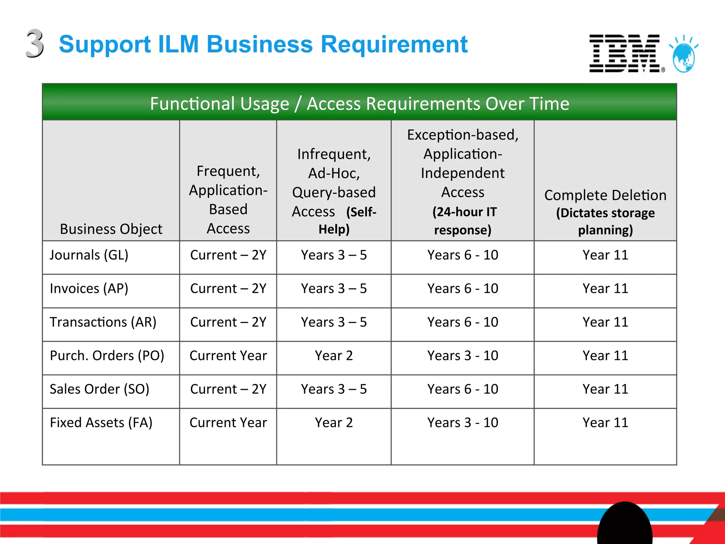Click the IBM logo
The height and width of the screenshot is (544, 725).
(x=625, y=53)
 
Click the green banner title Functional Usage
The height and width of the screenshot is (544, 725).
(x=359, y=104)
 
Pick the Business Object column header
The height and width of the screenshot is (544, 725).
(x=111, y=229)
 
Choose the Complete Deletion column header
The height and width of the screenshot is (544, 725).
(x=605, y=195)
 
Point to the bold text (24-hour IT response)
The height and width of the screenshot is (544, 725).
(x=463, y=221)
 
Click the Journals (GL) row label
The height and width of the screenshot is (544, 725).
(x=89, y=255)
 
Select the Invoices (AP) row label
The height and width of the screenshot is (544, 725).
(x=89, y=289)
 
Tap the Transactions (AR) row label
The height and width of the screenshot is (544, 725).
(x=103, y=322)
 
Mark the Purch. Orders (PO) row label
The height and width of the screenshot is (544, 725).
(x=107, y=356)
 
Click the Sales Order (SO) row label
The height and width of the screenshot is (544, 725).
(x=99, y=389)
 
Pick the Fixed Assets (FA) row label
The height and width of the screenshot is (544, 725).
(x=101, y=423)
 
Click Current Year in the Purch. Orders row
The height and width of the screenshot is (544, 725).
(x=228, y=356)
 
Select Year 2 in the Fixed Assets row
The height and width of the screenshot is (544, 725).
(x=334, y=423)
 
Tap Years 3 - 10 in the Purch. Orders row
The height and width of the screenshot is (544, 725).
(x=463, y=356)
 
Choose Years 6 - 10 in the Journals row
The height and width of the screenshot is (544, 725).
(x=463, y=255)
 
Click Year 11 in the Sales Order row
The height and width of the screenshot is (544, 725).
(x=605, y=389)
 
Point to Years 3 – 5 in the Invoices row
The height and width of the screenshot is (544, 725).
(x=334, y=289)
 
